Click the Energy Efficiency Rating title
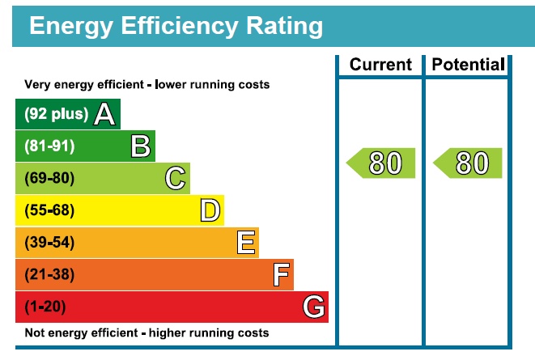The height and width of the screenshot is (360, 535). coord(176,26)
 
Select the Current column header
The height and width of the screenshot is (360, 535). coord(380,65)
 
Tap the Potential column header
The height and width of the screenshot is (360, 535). coord(469,65)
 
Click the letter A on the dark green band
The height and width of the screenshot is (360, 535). coord(104,114)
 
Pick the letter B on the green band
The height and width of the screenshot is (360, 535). coord(141,146)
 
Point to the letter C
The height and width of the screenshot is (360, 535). coord(175,178)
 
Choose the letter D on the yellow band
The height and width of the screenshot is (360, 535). coord(210,210)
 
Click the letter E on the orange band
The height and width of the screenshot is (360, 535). coord(246,243)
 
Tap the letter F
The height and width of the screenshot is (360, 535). coord(281,275)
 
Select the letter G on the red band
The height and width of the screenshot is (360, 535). coord(314,307)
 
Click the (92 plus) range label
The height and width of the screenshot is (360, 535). coord(56,114)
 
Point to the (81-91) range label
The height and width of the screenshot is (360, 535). coord(49,146)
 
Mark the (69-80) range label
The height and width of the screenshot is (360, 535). coord(49,178)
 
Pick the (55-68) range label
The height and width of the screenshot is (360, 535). coord(49,210)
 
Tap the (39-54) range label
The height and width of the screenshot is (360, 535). coord(49,243)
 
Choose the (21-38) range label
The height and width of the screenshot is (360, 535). coord(49,275)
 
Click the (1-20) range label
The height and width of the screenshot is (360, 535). coord(45,307)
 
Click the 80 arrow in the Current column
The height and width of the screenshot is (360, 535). coord(381,163)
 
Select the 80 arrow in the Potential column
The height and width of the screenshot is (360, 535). coord(469,163)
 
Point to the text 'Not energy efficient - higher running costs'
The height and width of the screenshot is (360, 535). coord(146,333)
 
